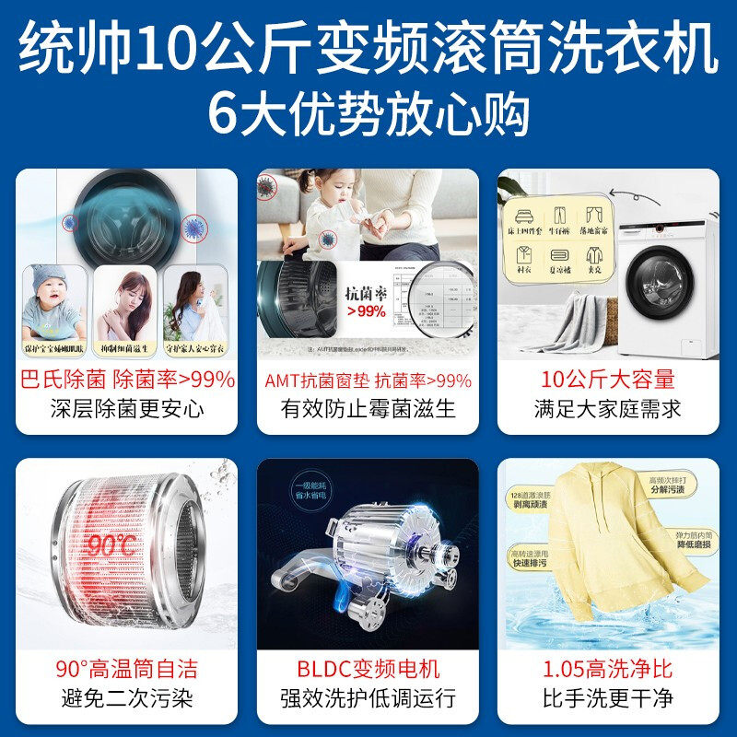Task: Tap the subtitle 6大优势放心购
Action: pyautogui.click(x=368, y=114)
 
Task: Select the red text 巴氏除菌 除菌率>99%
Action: pyautogui.click(x=127, y=380)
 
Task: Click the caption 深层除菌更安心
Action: pyautogui.click(x=127, y=408)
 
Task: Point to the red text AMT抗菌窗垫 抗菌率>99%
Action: pyautogui.click(x=368, y=380)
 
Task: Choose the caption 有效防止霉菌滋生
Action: pyautogui.click(x=368, y=408)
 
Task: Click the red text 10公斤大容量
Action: pyautogui.click(x=608, y=380)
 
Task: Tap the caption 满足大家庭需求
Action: pyautogui.click(x=608, y=408)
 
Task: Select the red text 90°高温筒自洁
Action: pyautogui.click(x=127, y=669)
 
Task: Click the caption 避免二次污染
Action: pyautogui.click(x=127, y=697)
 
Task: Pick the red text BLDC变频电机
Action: pyautogui.click(x=368, y=669)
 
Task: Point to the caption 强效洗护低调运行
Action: pyautogui.click(x=368, y=697)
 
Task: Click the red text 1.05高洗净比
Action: pyautogui.click(x=608, y=669)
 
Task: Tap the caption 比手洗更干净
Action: pyautogui.click(x=608, y=697)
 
